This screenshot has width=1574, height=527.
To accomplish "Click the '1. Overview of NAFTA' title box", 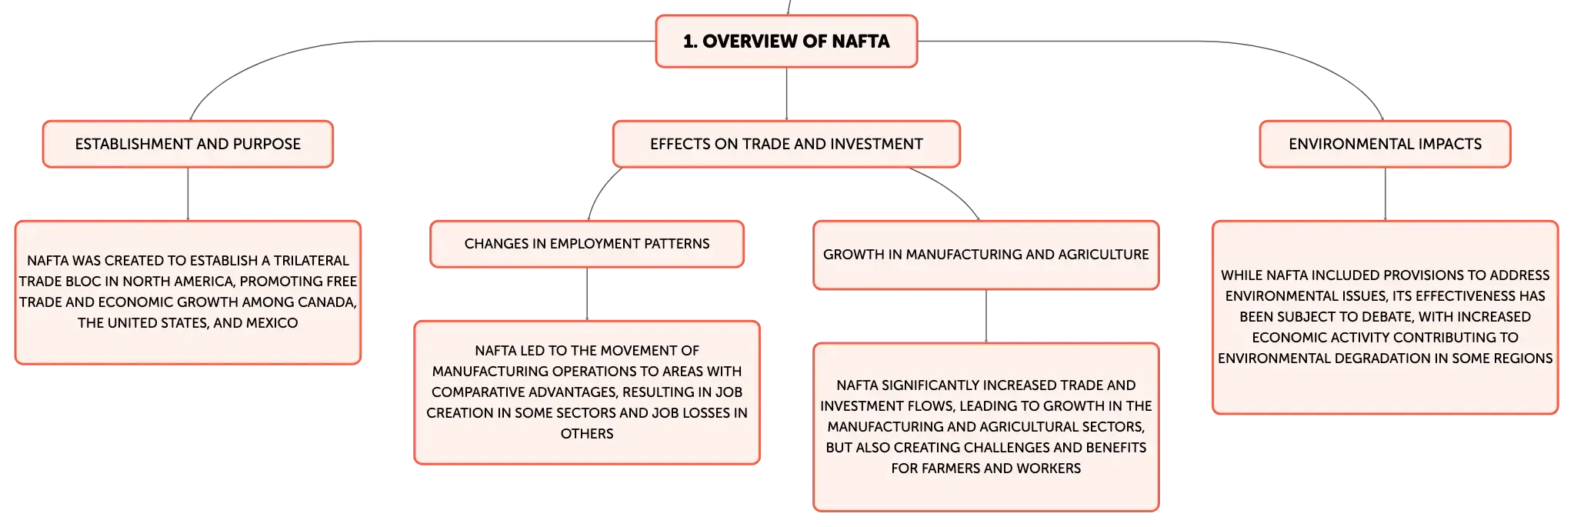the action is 786,42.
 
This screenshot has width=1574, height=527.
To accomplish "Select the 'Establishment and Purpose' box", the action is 188,144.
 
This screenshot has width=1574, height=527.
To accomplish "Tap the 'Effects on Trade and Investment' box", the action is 786,144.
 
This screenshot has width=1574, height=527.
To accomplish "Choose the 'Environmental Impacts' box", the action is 1385,144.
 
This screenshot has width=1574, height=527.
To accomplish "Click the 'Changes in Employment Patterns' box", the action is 587,244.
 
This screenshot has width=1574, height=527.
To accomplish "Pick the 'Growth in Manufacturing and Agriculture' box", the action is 985,255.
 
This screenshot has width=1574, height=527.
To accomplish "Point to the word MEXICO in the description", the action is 271,323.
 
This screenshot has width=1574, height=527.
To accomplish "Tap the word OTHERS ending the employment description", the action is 587,434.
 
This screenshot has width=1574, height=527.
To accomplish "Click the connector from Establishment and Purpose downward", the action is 188,194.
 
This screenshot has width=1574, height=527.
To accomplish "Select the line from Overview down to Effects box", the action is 786,94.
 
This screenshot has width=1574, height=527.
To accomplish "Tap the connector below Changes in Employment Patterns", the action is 587,294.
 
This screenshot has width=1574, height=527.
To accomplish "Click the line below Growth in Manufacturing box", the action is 985,316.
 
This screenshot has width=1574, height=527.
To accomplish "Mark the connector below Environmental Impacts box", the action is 1385,194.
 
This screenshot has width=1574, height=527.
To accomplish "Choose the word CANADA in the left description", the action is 329,302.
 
